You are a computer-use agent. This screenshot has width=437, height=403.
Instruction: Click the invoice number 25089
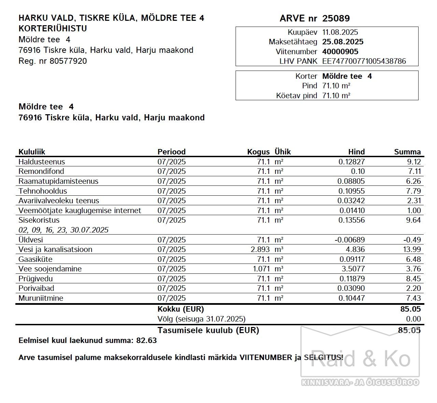(336, 18)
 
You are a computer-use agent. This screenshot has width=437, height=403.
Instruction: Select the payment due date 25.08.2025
(343, 42)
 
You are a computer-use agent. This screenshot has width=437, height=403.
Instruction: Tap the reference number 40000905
(340, 51)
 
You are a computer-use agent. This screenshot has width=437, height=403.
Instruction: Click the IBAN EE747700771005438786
(364, 61)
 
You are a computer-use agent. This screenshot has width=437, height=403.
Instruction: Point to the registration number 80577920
(68, 61)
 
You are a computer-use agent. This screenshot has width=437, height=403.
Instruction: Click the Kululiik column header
(32, 152)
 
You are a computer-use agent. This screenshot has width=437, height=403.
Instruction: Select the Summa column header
(407, 152)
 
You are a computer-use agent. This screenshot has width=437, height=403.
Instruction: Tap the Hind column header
(356, 152)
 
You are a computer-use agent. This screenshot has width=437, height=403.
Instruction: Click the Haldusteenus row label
(42, 162)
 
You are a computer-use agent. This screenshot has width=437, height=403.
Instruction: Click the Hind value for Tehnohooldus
(351, 191)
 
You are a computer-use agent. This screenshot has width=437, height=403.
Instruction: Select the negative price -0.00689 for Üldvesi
(350, 240)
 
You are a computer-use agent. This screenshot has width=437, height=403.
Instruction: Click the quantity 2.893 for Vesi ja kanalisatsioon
(260, 249)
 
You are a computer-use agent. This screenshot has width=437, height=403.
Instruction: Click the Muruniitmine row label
(41, 298)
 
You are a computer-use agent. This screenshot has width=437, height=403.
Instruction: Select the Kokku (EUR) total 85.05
(410, 309)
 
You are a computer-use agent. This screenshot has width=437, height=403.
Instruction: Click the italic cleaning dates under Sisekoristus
(64, 230)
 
